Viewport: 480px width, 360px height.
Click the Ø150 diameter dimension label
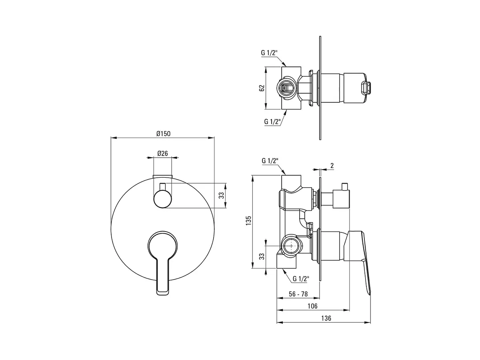(163, 134)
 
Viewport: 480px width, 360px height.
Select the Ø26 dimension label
(162, 153)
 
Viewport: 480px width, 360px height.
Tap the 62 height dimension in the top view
(262, 88)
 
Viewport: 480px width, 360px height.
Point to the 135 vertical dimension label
(249, 221)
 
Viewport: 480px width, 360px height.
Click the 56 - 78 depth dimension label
(298, 294)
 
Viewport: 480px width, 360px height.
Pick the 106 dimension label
(312, 306)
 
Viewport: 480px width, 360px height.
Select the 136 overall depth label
(326, 318)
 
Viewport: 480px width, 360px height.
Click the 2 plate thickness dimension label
(332, 166)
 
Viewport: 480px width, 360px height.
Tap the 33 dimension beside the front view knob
(222, 196)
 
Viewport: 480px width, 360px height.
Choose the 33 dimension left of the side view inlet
(262, 256)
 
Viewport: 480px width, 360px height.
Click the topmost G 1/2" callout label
(269, 53)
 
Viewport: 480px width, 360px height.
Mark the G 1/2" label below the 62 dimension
(272, 122)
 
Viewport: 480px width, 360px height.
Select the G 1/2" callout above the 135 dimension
(270, 161)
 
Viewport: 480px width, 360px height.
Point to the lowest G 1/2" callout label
(301, 279)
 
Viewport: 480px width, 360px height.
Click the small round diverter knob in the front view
(162, 199)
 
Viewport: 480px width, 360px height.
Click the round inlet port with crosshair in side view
(291, 246)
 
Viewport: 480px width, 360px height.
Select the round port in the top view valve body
(286, 88)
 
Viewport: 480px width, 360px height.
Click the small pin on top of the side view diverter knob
(345, 187)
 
